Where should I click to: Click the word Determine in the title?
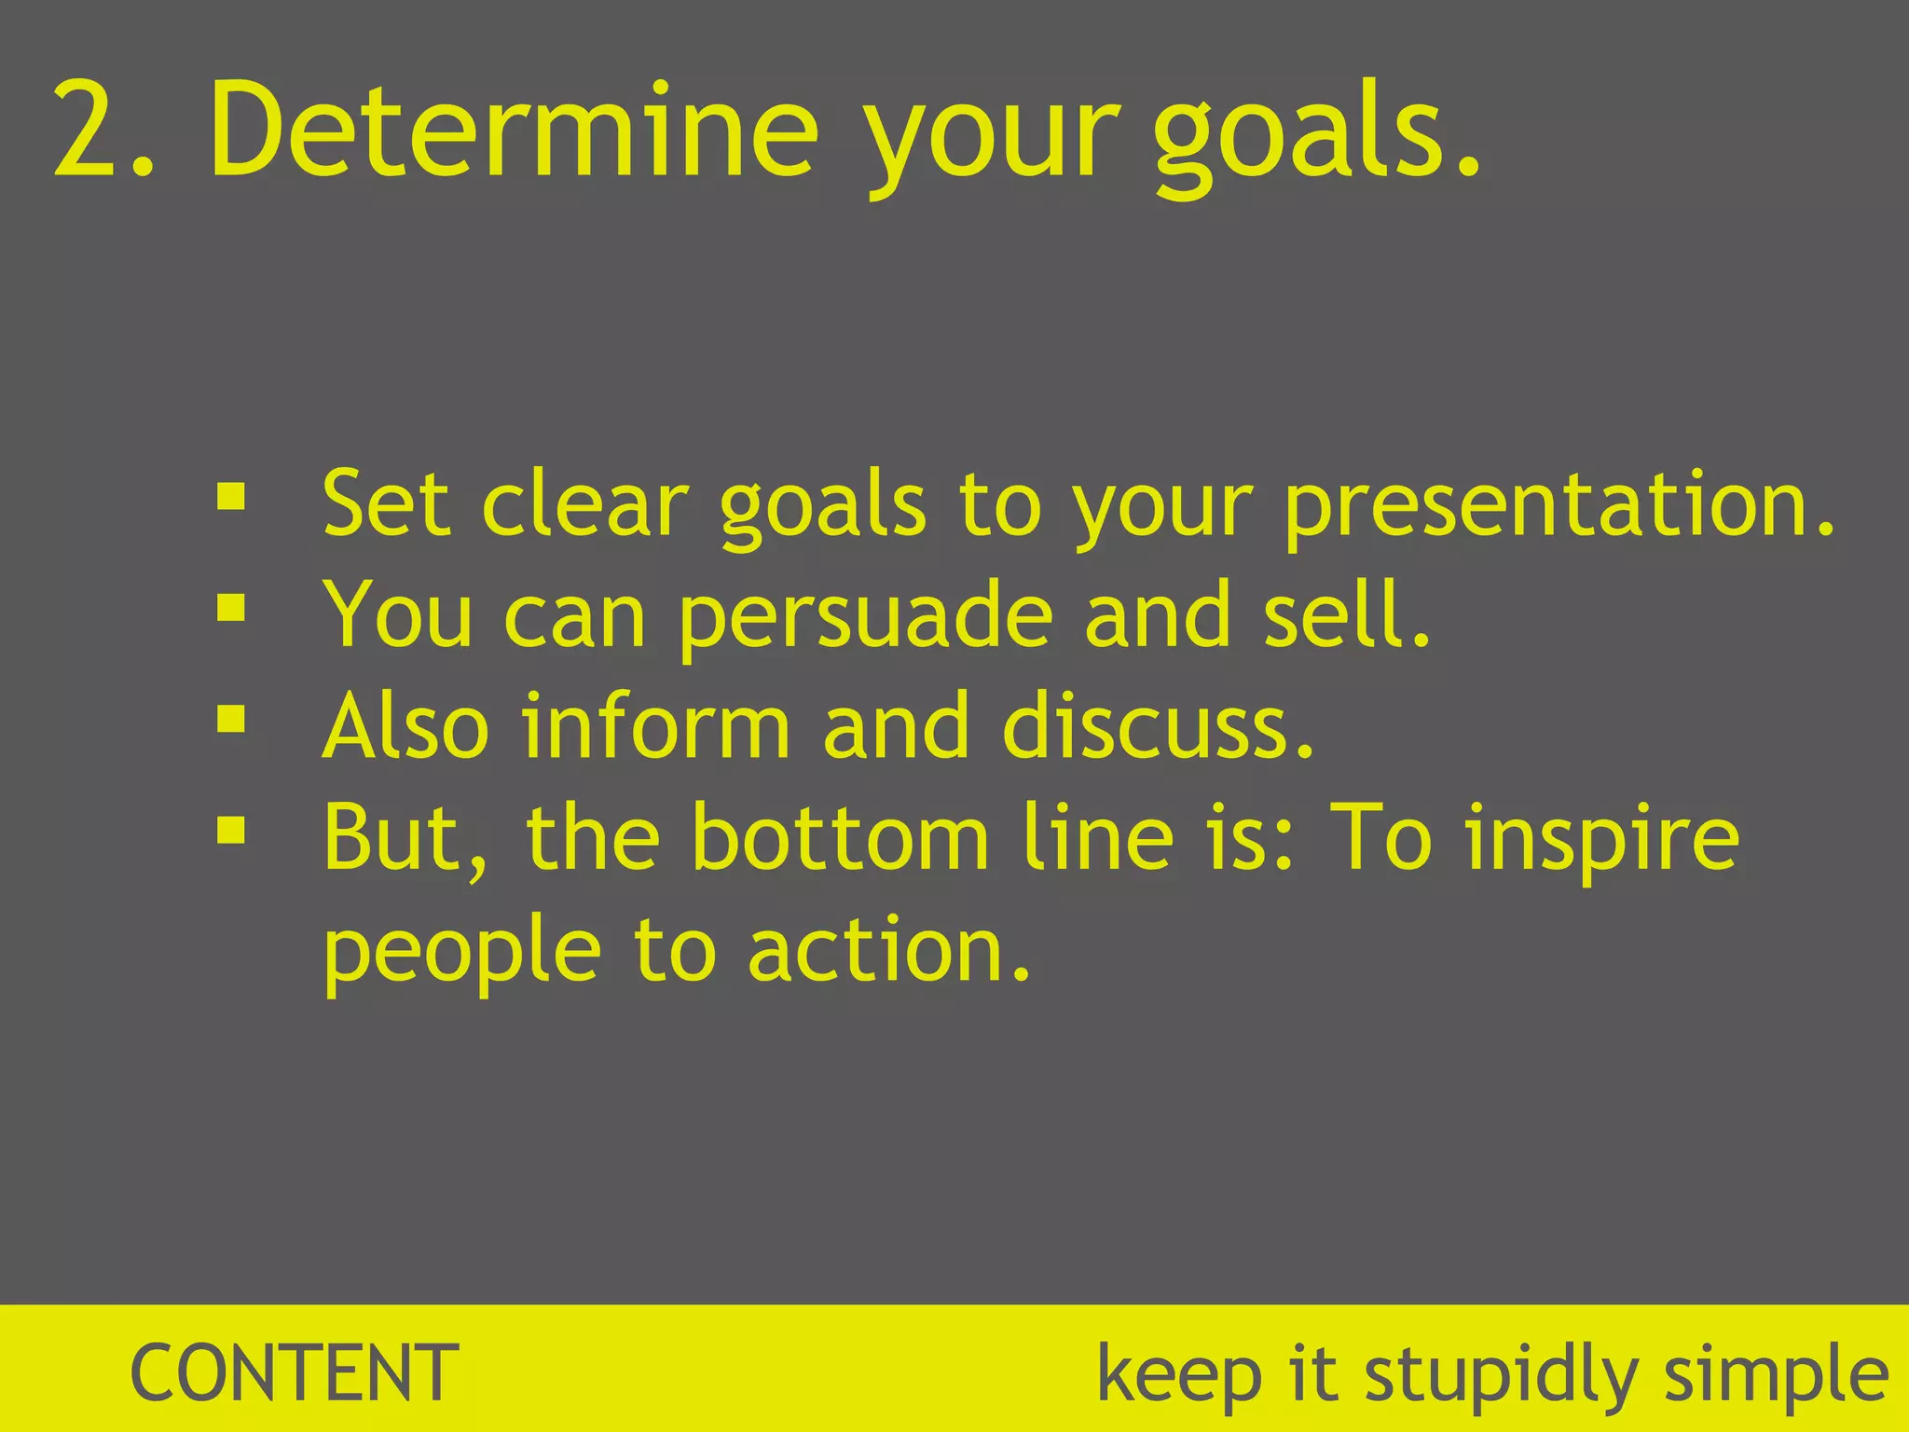514,131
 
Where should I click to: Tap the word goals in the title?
1300,135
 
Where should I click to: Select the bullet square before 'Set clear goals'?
230,497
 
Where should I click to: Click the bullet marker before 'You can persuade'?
230,609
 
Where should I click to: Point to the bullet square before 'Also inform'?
230,719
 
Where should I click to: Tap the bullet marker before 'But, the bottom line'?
230,830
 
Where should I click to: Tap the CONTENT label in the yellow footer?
295,1373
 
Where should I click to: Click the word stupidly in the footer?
1501,1378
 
